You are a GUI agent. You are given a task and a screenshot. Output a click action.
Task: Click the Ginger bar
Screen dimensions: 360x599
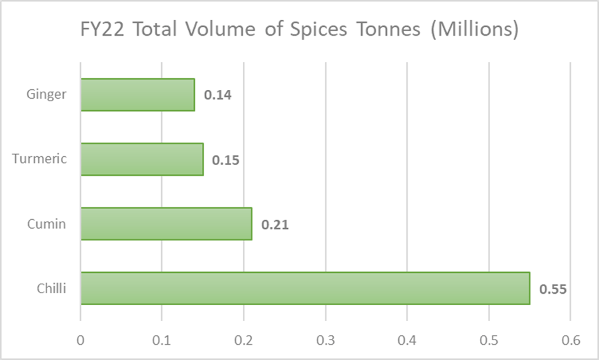pos(138,95)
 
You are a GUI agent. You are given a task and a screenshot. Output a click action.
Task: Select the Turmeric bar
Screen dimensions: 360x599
pos(142,159)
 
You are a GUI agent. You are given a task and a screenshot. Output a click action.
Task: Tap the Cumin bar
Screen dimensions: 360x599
pos(166,224)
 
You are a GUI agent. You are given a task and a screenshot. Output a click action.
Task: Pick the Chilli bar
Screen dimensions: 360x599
pos(305,289)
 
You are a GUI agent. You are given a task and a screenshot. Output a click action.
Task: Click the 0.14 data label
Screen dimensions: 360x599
pos(217,96)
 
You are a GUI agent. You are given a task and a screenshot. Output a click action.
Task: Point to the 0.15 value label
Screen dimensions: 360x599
pos(226,160)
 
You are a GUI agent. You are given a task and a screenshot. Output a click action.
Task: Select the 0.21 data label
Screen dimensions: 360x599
pos(275,224)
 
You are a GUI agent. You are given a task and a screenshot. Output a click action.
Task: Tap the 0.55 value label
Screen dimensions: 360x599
pos(552,289)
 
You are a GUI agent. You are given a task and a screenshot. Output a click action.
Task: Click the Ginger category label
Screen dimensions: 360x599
pos(46,95)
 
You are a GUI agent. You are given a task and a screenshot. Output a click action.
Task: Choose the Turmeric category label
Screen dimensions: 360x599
pos(40,159)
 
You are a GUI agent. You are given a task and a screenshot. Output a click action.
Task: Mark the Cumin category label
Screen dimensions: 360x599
pos(46,224)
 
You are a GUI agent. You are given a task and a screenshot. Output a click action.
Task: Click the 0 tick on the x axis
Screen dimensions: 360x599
pos(80,340)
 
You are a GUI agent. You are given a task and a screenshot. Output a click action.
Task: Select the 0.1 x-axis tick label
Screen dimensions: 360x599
pos(162,340)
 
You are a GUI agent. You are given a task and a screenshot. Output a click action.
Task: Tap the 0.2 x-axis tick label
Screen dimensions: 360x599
pos(243,340)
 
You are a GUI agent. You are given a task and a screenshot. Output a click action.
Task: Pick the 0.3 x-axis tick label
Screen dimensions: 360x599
pos(325,340)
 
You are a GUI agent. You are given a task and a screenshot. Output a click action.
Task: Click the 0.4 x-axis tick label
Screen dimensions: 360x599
pos(407,340)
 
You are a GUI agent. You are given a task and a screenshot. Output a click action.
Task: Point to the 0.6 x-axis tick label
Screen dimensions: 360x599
pos(570,340)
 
